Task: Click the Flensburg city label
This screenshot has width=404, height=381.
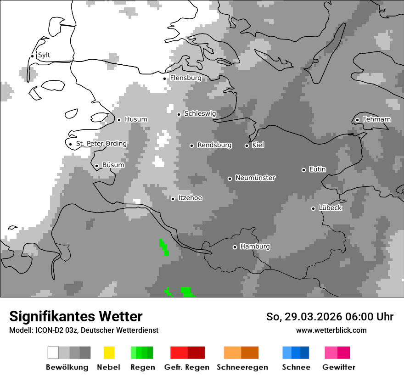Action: coord(185,78)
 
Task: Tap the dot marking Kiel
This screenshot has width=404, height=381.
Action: coord(247,146)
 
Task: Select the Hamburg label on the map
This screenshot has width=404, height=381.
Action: coord(255,247)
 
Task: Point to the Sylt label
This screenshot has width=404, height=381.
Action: coord(44,55)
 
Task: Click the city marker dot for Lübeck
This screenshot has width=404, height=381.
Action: coord(313,208)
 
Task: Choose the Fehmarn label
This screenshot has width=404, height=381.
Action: coord(376,119)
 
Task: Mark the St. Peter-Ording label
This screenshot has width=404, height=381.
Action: coord(101,144)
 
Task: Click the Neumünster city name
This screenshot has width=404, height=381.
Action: coord(255,178)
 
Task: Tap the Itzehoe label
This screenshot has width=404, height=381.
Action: coord(190,198)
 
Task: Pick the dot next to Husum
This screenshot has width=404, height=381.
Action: coord(119,120)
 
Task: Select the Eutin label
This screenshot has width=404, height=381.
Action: coord(317,169)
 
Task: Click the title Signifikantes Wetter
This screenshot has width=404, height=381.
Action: coord(76,316)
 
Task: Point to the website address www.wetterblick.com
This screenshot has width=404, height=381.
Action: coord(331,330)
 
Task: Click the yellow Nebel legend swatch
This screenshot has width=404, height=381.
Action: coord(109,353)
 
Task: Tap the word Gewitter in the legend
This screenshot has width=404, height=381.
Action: coord(338,367)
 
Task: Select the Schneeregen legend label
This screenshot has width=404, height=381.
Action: coord(242,367)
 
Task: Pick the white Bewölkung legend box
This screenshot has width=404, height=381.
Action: coord(53,353)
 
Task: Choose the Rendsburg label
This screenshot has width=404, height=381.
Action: coord(214,145)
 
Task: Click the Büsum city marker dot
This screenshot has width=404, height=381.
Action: coord(96,166)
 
